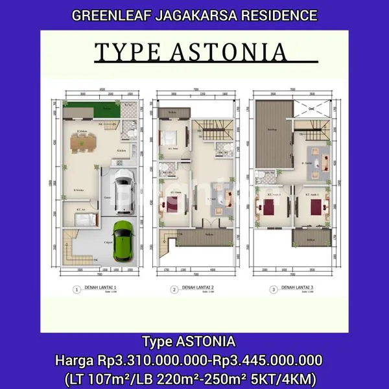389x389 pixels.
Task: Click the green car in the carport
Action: [123, 241]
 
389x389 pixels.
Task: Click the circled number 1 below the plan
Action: [77, 290]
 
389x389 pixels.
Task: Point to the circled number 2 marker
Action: [174, 289]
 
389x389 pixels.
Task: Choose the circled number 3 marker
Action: [274, 289]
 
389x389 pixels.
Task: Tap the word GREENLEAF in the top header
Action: [115, 14]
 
